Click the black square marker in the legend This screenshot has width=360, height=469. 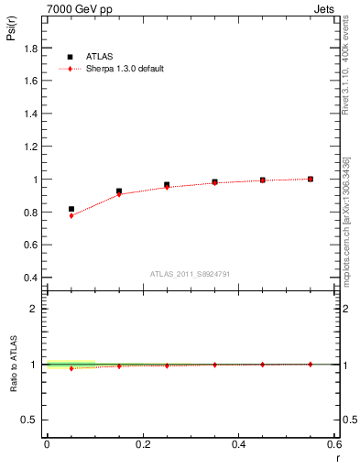click(x=70, y=56)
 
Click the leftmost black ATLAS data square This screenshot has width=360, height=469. click(x=71, y=209)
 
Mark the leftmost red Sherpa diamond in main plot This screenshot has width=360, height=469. click(x=71, y=215)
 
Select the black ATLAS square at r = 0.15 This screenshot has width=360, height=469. click(x=119, y=191)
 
